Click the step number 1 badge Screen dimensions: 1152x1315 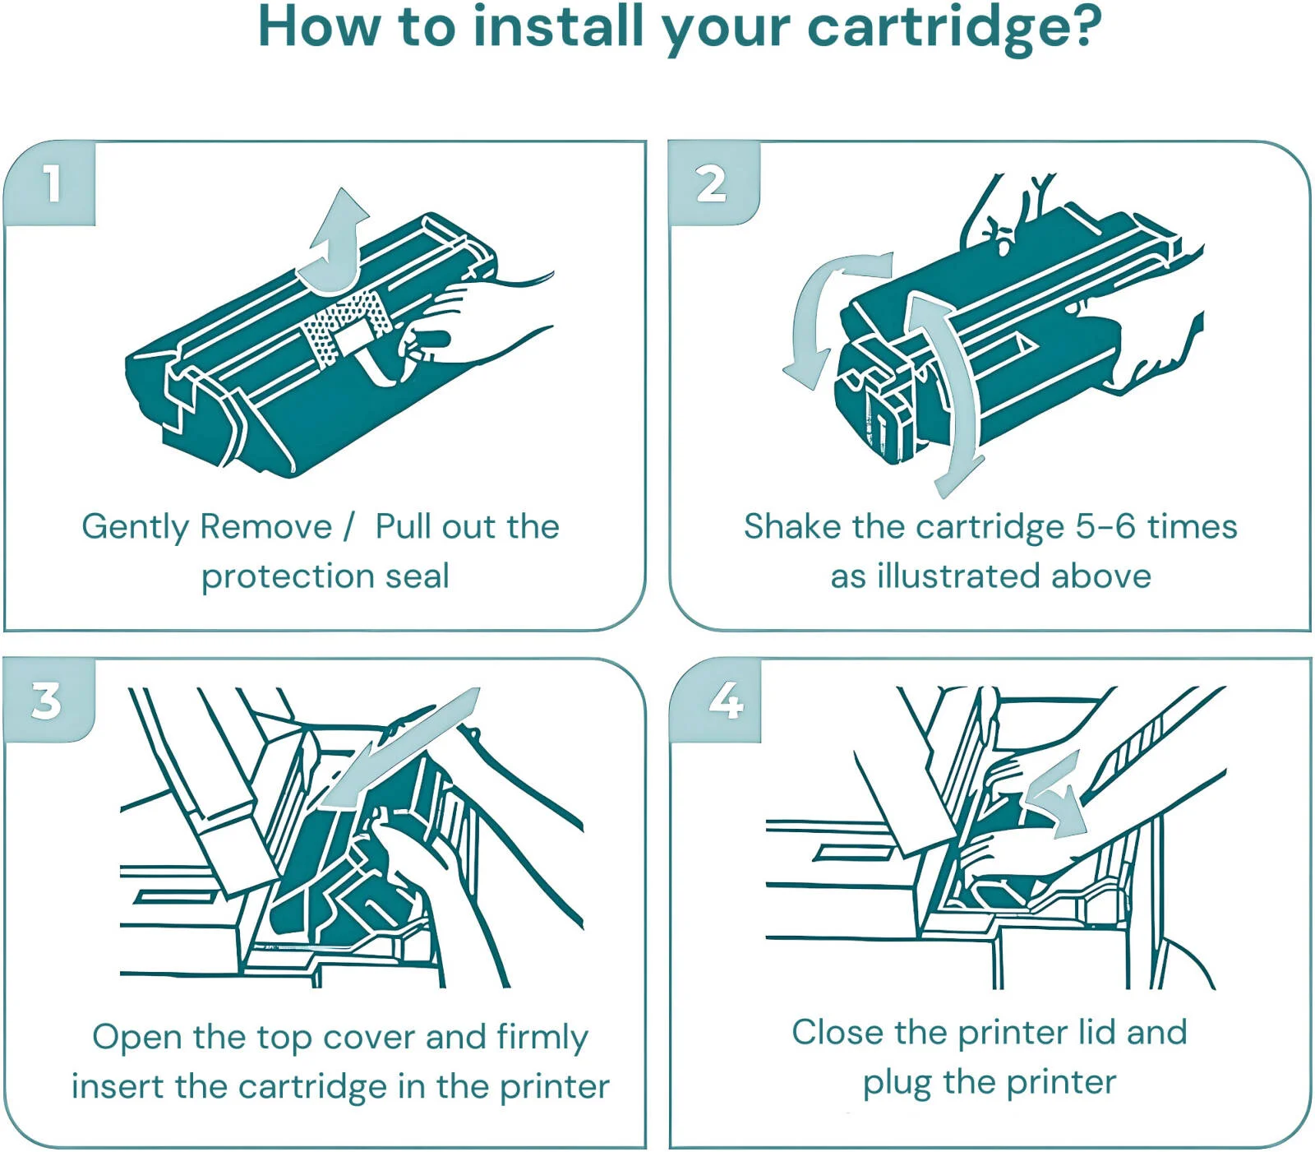[x=52, y=183]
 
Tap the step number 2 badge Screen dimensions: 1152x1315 [x=712, y=183]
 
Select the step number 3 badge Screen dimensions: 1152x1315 [x=47, y=701]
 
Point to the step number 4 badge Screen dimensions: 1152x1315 [x=727, y=701]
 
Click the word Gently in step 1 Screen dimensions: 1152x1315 [x=135, y=527]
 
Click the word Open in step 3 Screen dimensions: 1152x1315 [x=137, y=1038]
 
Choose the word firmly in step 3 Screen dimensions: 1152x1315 [x=542, y=1038]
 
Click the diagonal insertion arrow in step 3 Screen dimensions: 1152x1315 [x=402, y=748]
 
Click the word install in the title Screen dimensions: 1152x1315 [x=559, y=26]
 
